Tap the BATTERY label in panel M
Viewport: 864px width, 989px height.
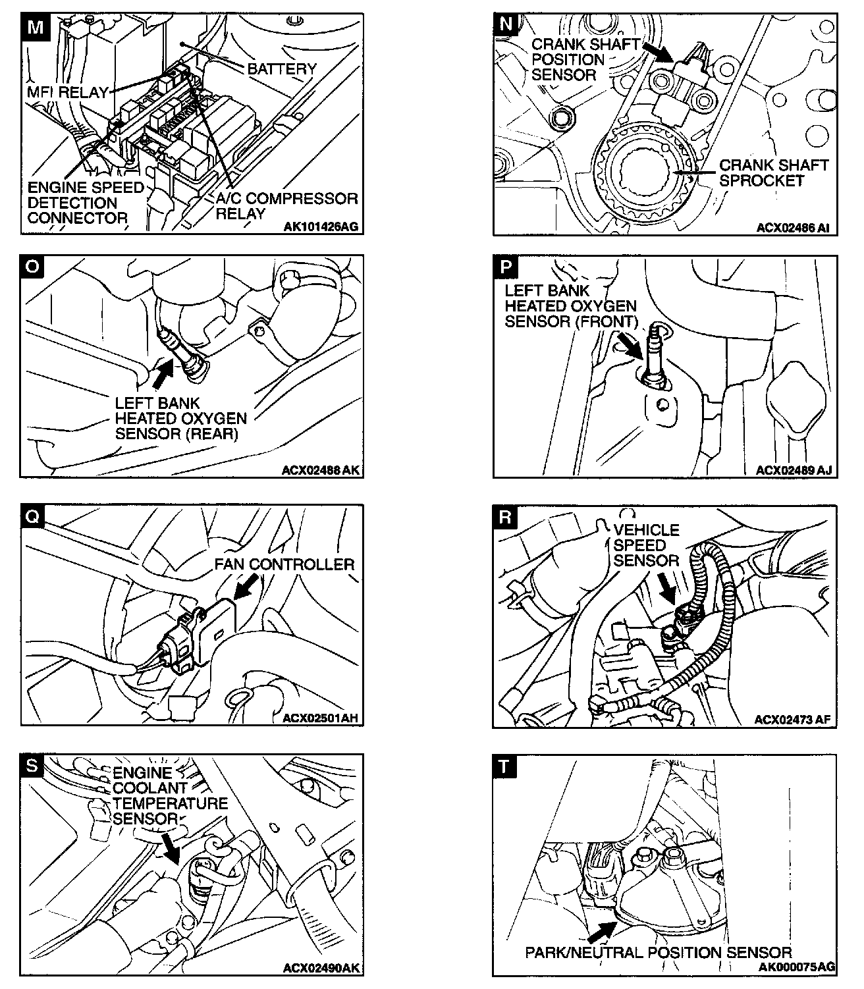click(282, 68)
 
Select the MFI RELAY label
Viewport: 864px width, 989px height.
click(68, 92)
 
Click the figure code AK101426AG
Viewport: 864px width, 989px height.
click(321, 227)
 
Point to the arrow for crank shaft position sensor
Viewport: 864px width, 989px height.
click(656, 51)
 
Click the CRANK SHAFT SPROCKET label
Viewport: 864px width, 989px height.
click(772, 173)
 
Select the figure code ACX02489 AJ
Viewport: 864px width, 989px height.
click(794, 470)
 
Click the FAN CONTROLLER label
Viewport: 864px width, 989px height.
click(284, 564)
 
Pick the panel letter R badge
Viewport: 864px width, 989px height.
click(505, 517)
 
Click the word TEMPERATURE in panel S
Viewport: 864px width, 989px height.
click(170, 803)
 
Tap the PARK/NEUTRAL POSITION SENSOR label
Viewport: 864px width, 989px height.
click(658, 952)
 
